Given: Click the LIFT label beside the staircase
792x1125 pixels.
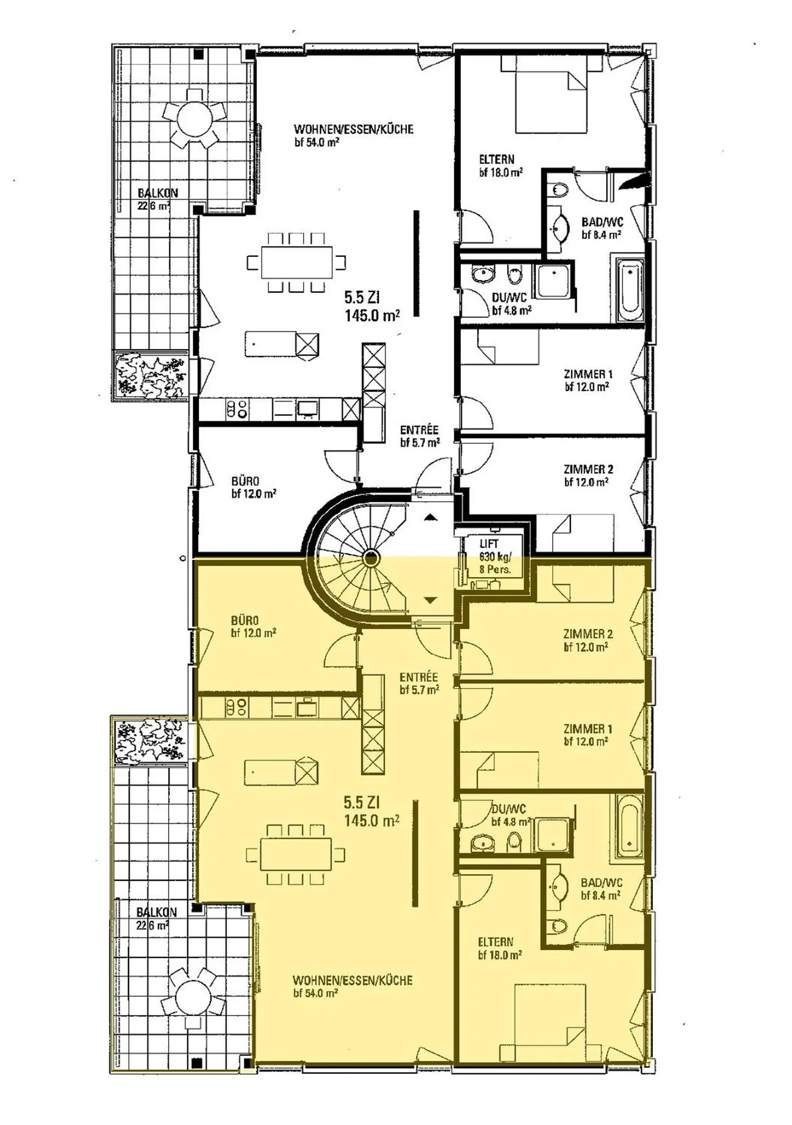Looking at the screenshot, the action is coord(489,544).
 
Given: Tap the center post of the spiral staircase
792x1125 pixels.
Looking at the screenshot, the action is coord(371,559).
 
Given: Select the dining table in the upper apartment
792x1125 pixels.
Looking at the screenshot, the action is coord(297,262).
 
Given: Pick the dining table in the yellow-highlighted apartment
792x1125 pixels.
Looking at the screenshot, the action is coord(296,854).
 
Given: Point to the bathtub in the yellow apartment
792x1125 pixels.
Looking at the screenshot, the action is coord(629,825).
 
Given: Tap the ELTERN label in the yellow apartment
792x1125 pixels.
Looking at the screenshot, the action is coord(496,941).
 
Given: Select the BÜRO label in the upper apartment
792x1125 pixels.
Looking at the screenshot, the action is coord(245,481).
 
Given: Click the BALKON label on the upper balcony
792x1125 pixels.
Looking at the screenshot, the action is coord(158,193).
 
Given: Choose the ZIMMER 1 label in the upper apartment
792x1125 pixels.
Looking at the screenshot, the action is coord(588,374).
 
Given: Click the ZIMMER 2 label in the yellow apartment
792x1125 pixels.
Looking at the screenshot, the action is coord(588,634).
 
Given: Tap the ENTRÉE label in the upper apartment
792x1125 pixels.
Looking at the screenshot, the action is coord(419,430).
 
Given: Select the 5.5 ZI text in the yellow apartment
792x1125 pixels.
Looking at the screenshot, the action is coord(362,802).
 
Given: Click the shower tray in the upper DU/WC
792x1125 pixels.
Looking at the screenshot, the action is coord(554,282).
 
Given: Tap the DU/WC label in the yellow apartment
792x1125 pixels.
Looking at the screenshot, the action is coord(509,809).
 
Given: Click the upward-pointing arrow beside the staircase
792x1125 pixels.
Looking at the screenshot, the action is coord(431,517).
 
